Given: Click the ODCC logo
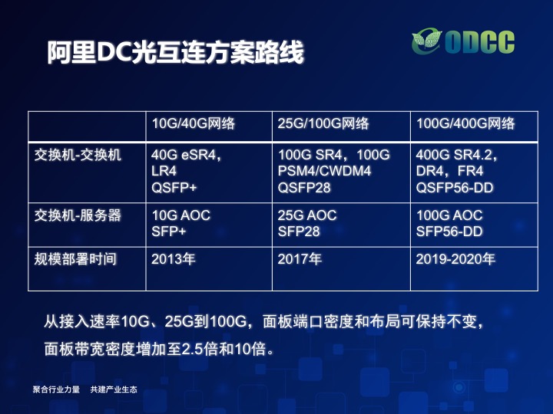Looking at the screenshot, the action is (463, 42).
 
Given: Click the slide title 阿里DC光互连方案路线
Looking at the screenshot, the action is (176, 52).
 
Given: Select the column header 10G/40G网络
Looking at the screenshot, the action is (194, 123).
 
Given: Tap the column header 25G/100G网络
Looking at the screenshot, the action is (323, 123).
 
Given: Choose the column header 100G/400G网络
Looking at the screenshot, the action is (465, 123).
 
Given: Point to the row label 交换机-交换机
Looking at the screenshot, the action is (78, 155).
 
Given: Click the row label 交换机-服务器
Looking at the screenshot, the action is (78, 215).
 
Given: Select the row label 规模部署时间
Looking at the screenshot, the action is (75, 259).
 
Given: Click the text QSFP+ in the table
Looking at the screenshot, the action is (174, 188).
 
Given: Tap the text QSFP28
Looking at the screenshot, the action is (304, 188).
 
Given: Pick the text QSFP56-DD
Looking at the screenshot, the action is (455, 188).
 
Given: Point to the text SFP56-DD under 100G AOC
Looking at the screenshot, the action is (449, 232).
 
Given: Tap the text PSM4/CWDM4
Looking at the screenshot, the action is (324, 171).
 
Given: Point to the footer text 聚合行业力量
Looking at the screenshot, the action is (56, 389).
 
